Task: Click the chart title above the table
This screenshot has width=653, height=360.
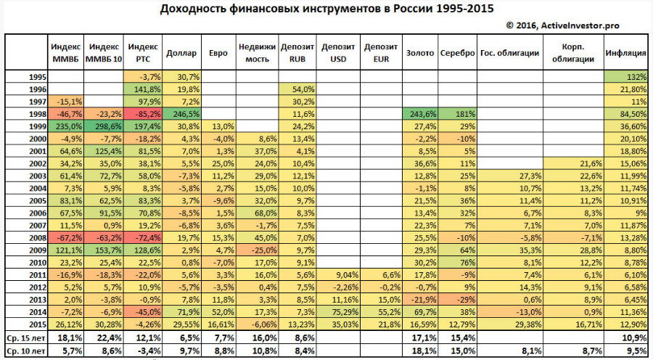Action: tap(326, 9)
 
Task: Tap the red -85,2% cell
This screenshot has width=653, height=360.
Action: tap(144, 114)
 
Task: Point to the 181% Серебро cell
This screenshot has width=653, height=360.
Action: tap(457, 114)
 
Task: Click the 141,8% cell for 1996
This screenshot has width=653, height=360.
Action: tap(144, 89)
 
